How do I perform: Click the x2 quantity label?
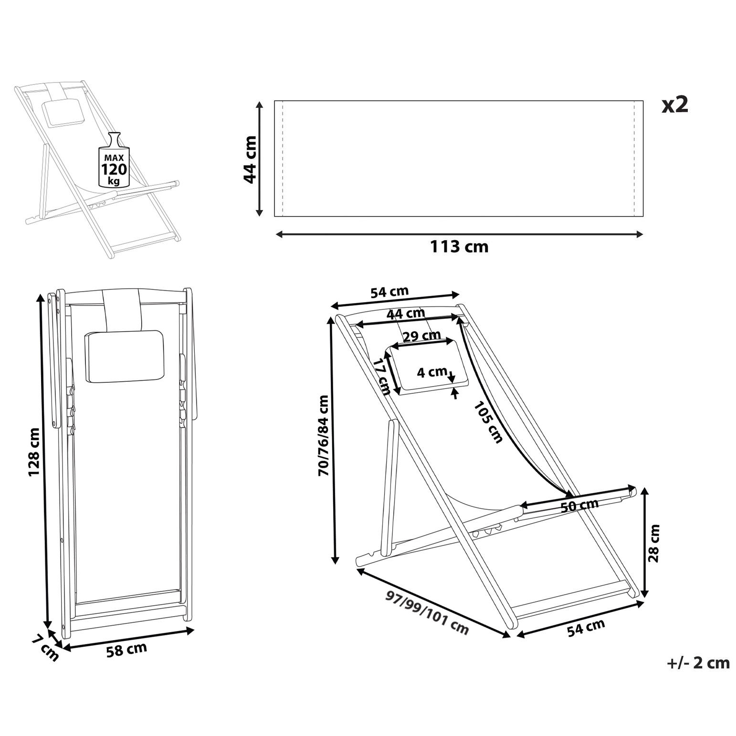(675, 105)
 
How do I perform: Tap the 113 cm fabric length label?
(459, 247)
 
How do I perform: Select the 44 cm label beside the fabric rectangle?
(250, 159)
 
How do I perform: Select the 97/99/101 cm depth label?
(427, 613)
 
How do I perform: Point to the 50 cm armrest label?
(579, 505)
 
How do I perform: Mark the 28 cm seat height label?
(653, 543)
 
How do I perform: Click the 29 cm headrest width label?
(421, 336)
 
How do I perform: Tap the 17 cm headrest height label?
(382, 377)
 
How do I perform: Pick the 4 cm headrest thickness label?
(432, 372)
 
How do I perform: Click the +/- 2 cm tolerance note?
(698, 663)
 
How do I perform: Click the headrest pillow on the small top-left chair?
(63, 113)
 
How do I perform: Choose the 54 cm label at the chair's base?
(586, 628)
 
